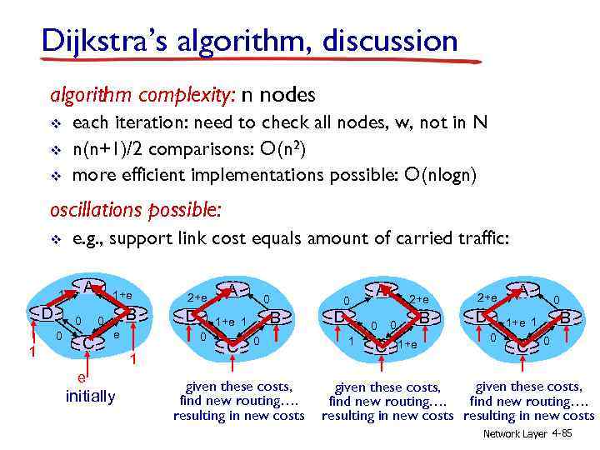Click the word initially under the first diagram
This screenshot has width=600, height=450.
coord(90,396)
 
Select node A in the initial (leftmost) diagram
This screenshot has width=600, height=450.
coord(87,287)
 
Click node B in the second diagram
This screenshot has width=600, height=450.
coord(275,317)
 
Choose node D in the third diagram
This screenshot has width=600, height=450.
coord(339,317)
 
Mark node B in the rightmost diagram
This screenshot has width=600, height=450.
coord(566,317)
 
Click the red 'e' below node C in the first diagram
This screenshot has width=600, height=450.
coord(80,377)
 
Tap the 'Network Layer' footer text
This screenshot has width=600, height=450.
coord(510,434)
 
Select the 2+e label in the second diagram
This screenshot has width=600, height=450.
coord(197,297)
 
